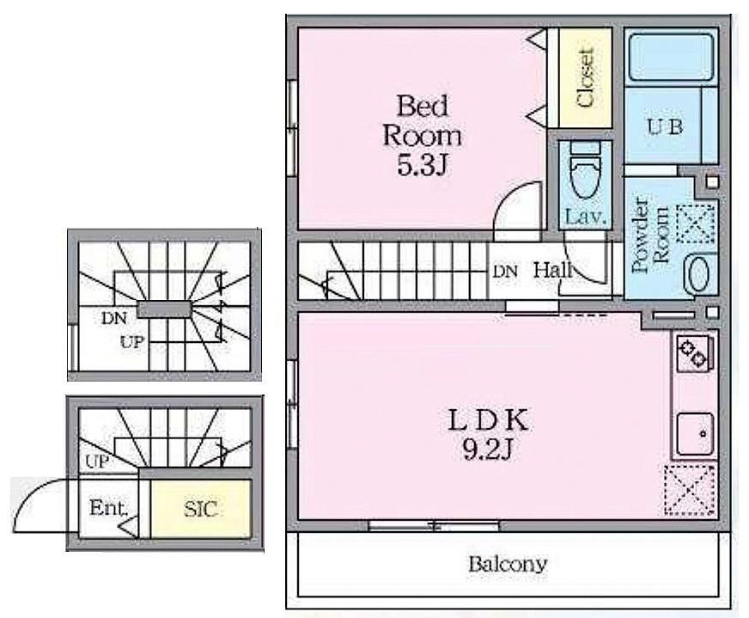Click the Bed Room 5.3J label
[x=422, y=135]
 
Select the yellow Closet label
[x=585, y=76]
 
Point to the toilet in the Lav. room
[x=585, y=171]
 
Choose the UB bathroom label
[x=665, y=126]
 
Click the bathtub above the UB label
[x=671, y=57]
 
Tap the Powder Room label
[x=650, y=235]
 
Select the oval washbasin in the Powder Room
[x=701, y=273]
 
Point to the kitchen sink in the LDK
[x=696, y=434]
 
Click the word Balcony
[x=508, y=565]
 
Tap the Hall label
[x=552, y=271]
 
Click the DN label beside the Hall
[x=505, y=272]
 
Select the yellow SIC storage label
[x=201, y=509]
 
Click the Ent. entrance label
[x=109, y=508]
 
